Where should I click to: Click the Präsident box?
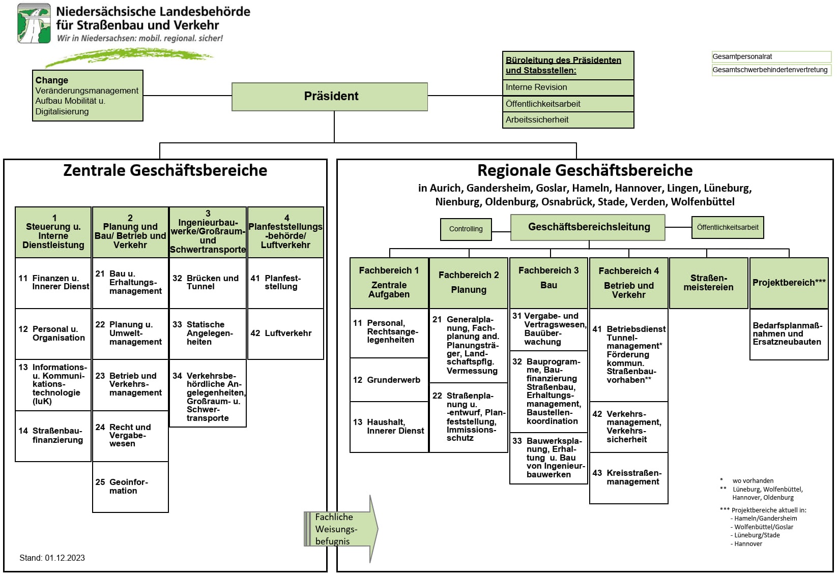click(x=330, y=97)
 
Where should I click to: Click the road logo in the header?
click(x=34, y=23)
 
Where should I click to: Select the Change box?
click(x=88, y=95)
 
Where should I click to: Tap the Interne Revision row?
click(x=568, y=87)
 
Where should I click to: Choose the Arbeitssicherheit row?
click(x=568, y=120)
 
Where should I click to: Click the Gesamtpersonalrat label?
click(x=771, y=56)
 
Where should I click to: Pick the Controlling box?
click(x=466, y=229)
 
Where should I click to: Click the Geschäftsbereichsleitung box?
click(x=588, y=227)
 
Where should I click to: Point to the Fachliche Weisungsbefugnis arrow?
click(x=341, y=529)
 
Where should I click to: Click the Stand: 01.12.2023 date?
click(x=52, y=558)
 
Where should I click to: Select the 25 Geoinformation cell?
click(x=130, y=487)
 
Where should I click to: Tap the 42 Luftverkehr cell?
click(x=285, y=333)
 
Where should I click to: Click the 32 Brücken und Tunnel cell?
click(x=208, y=283)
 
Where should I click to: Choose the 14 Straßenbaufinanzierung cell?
click(x=53, y=436)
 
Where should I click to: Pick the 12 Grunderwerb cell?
click(x=389, y=380)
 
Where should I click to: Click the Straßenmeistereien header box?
click(x=708, y=283)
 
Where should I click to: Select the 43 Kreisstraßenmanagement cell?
click(x=628, y=478)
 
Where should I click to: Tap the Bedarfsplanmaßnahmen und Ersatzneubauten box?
click(x=789, y=334)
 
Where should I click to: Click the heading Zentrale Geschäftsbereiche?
click(x=165, y=170)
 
